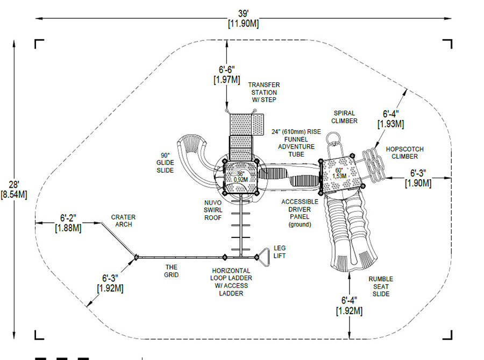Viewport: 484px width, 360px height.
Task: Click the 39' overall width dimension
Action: point(243,18)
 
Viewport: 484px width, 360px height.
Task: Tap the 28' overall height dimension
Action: point(14,189)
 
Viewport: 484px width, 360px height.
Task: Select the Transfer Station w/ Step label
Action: point(264,93)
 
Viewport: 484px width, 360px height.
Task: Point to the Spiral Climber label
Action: point(344,117)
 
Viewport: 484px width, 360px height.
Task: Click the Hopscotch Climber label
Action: point(404,153)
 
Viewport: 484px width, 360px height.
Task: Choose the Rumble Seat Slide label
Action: point(381,286)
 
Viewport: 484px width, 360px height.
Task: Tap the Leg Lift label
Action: point(280,252)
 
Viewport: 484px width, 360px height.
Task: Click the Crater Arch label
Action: point(123,221)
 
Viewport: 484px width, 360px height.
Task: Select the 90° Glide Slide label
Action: point(165,163)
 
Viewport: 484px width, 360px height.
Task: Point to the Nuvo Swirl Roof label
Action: point(213,210)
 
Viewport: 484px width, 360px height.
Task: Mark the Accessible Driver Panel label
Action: point(300,213)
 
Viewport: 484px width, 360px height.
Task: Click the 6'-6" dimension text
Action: point(227,74)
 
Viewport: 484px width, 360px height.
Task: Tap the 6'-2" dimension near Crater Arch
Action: point(68,223)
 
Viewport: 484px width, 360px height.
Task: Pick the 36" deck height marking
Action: point(240,177)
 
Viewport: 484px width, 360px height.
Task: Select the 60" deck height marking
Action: point(339,173)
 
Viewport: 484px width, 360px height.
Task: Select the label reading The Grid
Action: point(172,271)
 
